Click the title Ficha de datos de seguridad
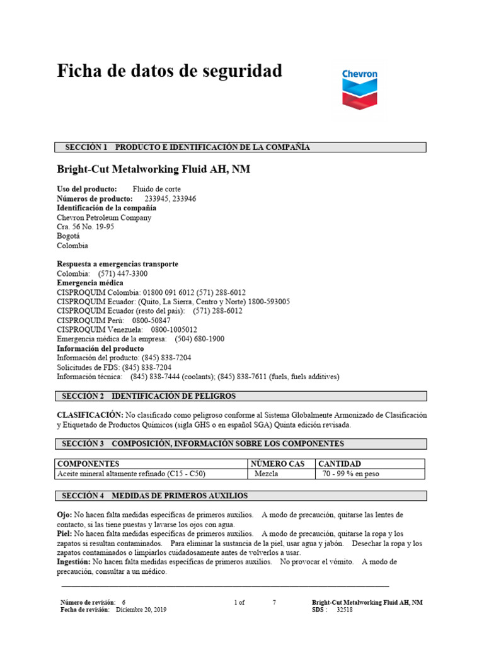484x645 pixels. pyautogui.click(x=170, y=71)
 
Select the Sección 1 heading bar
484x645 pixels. pyautogui.click(x=241, y=147)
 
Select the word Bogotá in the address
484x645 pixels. pyautogui.click(x=69, y=237)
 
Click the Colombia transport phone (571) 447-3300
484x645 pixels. pyautogui.click(x=123, y=274)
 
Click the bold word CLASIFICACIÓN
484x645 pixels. pyautogui.click(x=89, y=415)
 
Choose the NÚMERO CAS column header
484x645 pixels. pyautogui.click(x=278, y=464)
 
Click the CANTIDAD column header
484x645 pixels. pyautogui.click(x=339, y=464)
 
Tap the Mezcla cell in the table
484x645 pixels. pyautogui.click(x=267, y=474)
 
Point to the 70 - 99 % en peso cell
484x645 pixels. pyautogui.click(x=350, y=474)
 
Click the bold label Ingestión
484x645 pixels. pyautogui.click(x=74, y=561)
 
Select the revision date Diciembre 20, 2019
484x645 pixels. pyautogui.click(x=142, y=610)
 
